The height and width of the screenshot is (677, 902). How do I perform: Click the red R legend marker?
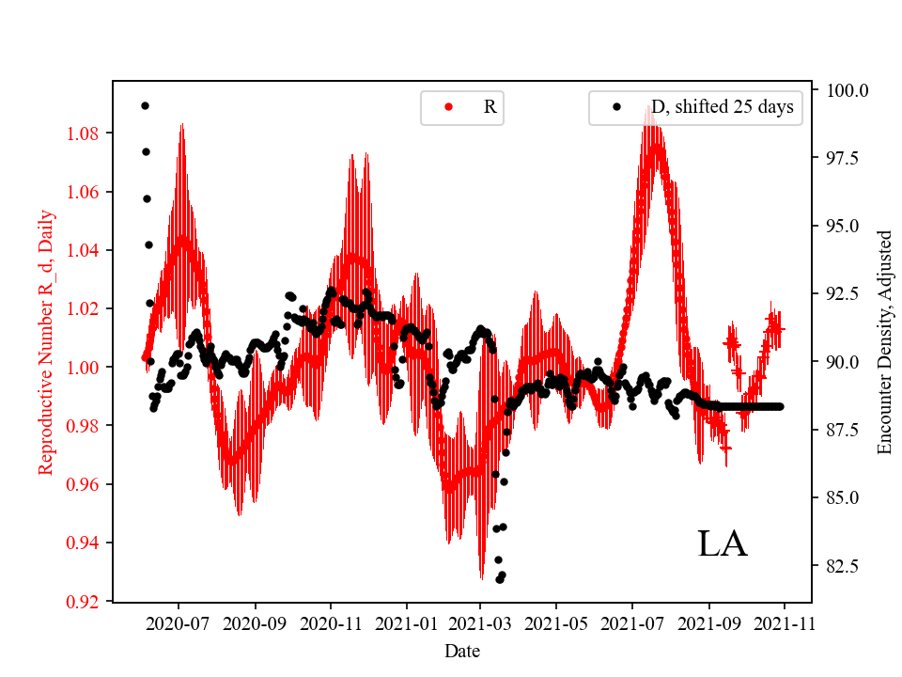pos(448,107)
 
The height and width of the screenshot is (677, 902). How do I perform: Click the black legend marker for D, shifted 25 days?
pos(616,107)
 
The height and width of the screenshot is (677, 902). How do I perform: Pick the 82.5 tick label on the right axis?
pos(843,566)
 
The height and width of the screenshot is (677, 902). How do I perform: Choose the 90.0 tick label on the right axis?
pos(843,362)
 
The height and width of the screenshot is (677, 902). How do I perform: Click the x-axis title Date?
pos(462,651)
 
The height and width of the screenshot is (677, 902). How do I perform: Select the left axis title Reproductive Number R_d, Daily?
pos(45,341)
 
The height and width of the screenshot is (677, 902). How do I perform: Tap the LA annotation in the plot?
pos(722,544)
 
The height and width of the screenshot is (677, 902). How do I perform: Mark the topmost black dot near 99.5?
pos(145,105)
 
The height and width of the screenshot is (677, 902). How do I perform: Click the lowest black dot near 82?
pos(500,579)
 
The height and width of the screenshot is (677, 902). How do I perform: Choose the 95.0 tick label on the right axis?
pos(843,227)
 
